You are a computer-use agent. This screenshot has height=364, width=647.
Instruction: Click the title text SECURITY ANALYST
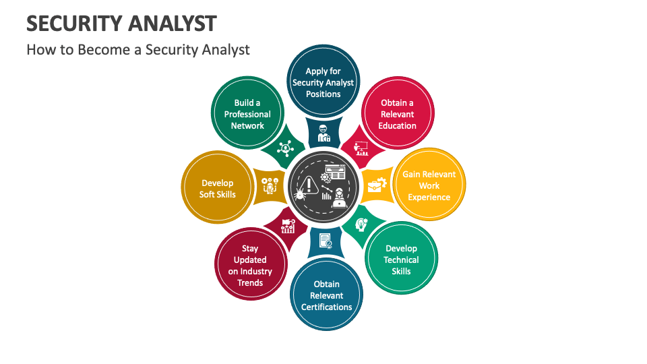pos(121,23)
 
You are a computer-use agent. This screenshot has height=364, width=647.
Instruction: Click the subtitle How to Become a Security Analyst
pos(138,49)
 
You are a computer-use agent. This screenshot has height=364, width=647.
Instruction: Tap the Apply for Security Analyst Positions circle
pos(323,82)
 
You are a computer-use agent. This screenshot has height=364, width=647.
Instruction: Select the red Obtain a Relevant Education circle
pos(397,114)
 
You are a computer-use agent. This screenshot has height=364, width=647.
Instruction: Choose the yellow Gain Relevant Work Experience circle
pos(429,185)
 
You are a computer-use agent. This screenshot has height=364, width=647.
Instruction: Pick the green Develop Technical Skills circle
pos(401,260)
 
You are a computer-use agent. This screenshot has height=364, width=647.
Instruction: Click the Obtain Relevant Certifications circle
pos(326,295)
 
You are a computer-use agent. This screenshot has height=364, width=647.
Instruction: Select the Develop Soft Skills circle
pos(218,188)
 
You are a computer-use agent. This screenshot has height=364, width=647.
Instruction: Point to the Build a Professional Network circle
pos(247,114)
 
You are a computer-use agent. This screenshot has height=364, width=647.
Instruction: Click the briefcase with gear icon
pos(376,184)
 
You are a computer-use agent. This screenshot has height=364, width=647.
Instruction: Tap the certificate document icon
pos(326,241)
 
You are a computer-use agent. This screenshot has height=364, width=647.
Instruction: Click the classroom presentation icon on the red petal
pos(361,148)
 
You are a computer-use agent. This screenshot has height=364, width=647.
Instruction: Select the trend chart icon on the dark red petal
pos(288,226)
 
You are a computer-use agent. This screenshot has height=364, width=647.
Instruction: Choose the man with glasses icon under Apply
pos(323,133)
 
